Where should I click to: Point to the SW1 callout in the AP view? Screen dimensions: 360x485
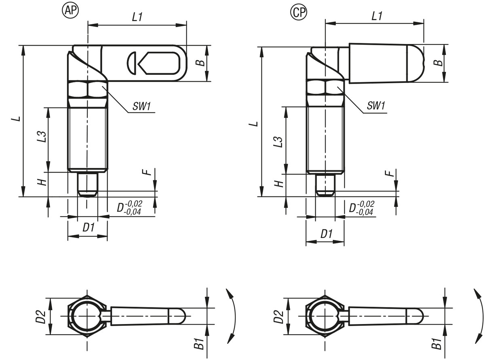(x=142, y=107)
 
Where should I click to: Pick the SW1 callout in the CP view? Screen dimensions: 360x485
(x=376, y=106)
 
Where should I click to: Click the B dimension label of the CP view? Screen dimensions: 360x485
(x=437, y=63)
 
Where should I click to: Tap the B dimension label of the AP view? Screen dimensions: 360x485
(x=199, y=63)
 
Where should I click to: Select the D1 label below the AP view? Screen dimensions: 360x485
(x=89, y=227)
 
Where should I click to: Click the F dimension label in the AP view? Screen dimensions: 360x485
(x=149, y=172)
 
